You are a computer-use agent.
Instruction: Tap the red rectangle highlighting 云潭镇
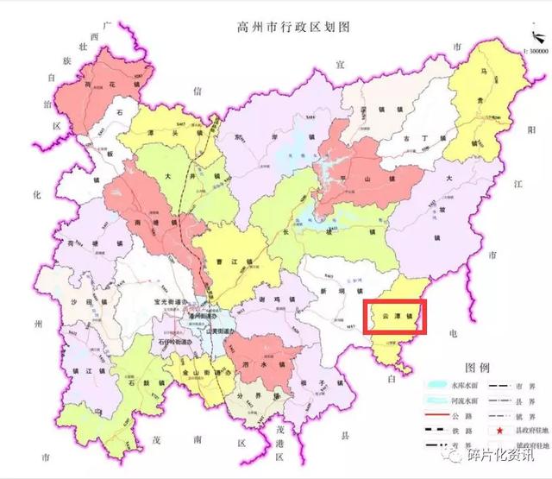394,317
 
